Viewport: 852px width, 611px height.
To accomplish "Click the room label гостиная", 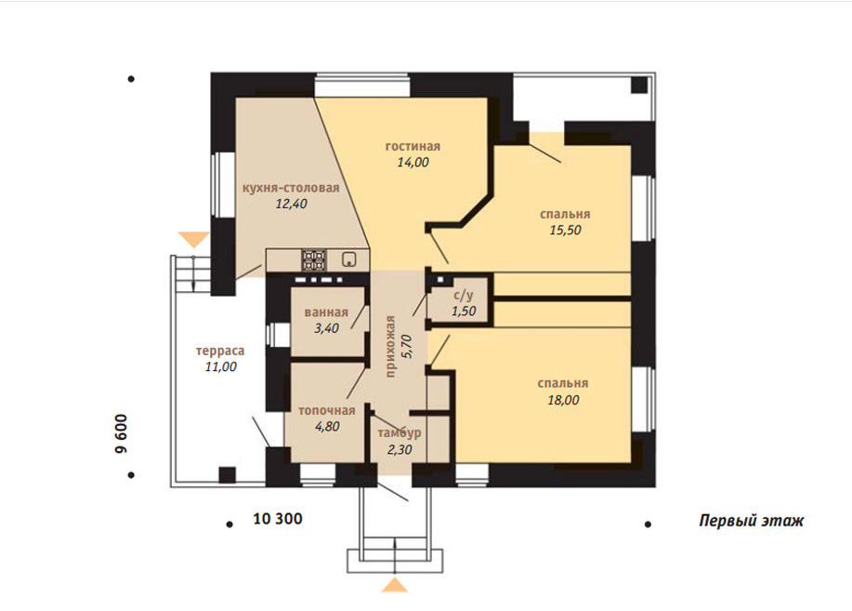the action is pos(413,146).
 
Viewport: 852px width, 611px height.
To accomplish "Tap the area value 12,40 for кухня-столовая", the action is pos(291,204).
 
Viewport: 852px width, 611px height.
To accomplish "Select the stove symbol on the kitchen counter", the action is pos(314,260).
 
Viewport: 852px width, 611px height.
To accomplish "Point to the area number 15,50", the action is pos(565,230).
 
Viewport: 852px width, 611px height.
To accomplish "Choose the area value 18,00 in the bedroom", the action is pos(563,400).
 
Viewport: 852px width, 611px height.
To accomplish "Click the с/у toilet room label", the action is pos(463,296).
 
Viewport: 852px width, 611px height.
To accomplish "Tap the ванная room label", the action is pos(326,312).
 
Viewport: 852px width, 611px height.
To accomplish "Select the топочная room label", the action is pos(326,411).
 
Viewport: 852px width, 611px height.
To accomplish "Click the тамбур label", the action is pos(400,433).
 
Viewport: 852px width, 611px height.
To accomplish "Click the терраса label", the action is pos(220,351).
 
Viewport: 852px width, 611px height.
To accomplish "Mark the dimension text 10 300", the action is pos(278,519).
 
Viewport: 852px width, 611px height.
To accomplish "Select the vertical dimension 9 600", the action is pos(121,433).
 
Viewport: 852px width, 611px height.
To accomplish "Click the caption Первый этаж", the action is pos(751,521).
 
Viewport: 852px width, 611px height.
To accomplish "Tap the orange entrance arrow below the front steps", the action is pos(395,586).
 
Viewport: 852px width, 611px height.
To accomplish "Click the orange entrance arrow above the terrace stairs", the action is pos(194,239).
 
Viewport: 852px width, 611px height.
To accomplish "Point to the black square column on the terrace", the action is pos(227,475).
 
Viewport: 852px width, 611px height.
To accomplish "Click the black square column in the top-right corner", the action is pos(639,86).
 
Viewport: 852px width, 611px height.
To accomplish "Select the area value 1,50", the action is pos(464,312).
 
